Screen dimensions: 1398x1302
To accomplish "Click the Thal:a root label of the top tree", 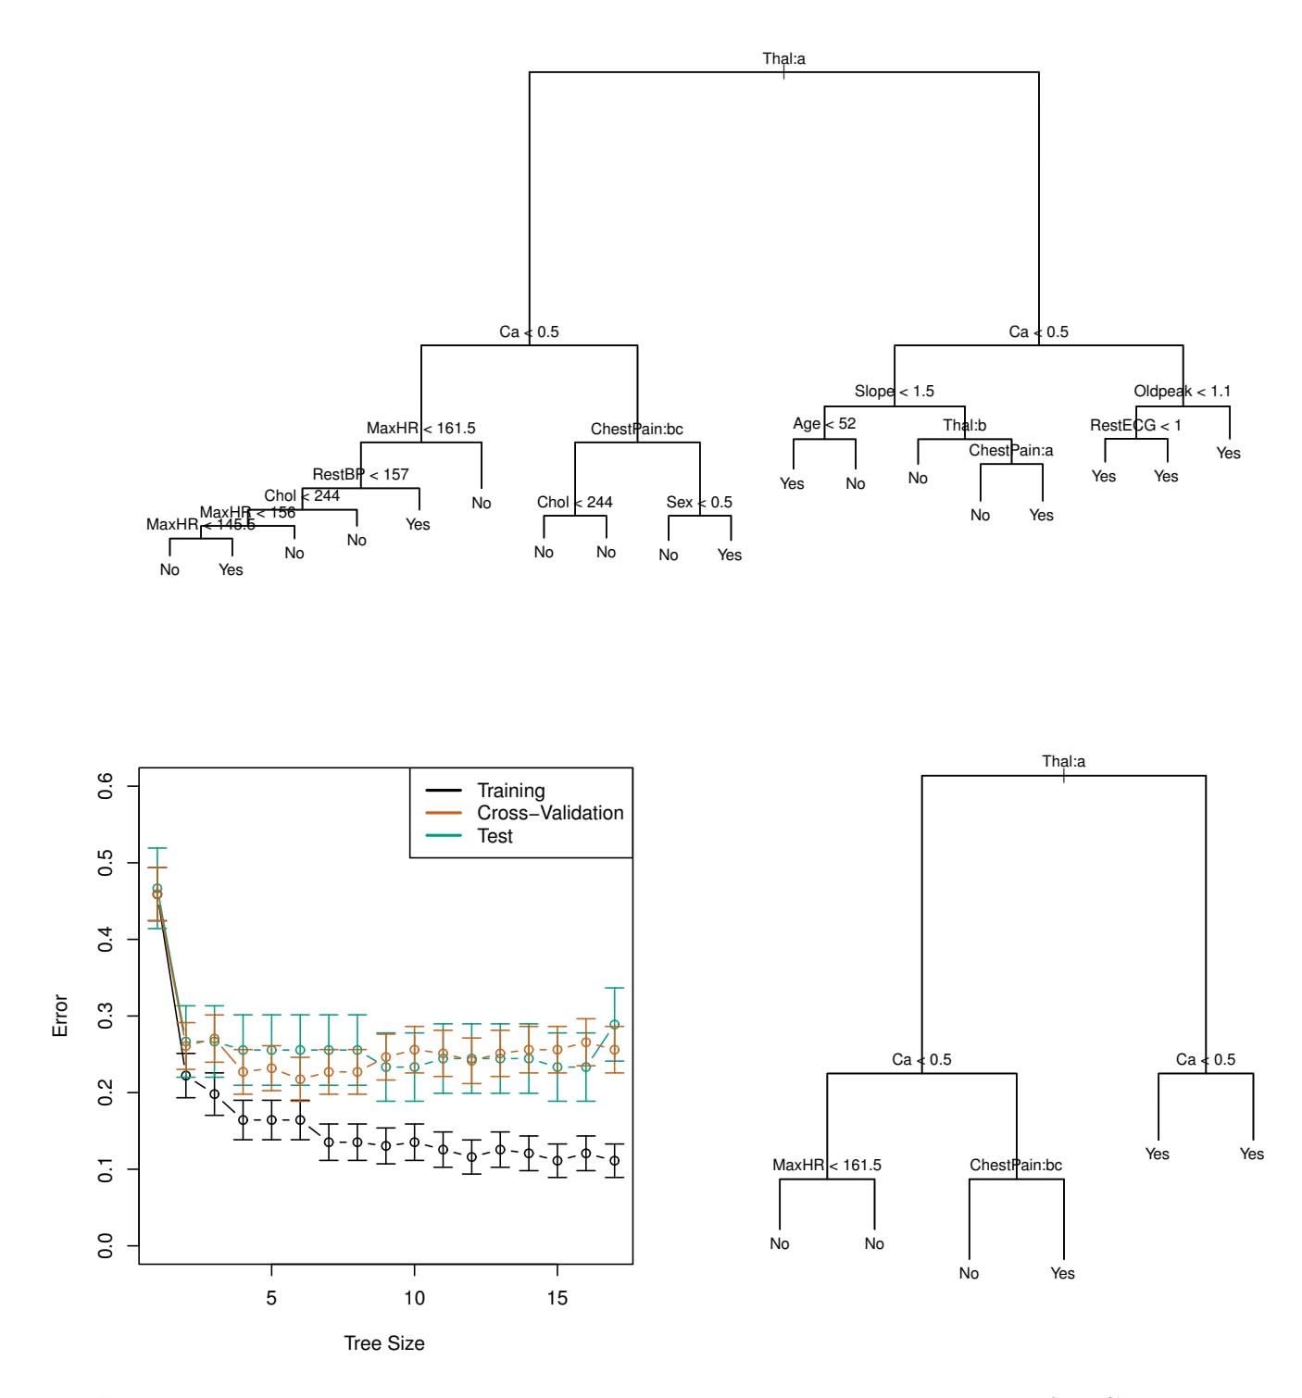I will (x=783, y=58).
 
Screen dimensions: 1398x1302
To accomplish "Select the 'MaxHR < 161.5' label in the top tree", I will (x=420, y=428).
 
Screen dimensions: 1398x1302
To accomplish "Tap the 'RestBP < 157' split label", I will (x=360, y=474).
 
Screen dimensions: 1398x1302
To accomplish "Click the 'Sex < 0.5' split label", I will (x=699, y=502).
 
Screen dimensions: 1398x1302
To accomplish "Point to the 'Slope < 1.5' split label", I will (x=894, y=391).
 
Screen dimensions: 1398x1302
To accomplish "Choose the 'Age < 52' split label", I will (x=824, y=423).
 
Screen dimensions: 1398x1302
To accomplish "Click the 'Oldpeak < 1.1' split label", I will (x=1182, y=391).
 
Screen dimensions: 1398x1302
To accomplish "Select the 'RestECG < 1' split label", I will (x=1135, y=425).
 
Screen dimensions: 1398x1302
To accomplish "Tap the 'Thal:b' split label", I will (x=965, y=425).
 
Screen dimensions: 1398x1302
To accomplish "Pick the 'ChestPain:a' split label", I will (x=1011, y=450).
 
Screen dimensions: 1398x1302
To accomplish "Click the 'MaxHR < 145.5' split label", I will (x=201, y=524).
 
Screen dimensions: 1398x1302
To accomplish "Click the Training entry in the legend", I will (x=510, y=791).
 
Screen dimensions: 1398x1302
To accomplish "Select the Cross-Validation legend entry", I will (x=550, y=813).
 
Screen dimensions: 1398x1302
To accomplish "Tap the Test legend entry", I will (x=495, y=836).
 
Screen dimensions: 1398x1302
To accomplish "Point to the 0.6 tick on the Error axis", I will (x=106, y=786).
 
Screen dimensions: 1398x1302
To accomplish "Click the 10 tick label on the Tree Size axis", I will (x=414, y=1297).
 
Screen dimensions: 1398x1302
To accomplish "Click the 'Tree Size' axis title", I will (x=384, y=1342).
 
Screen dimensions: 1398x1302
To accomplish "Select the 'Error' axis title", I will (x=61, y=1016).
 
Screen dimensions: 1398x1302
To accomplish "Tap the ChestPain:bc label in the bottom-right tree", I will (x=1016, y=1165).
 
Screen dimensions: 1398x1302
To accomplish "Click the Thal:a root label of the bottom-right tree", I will (x=1063, y=761).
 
